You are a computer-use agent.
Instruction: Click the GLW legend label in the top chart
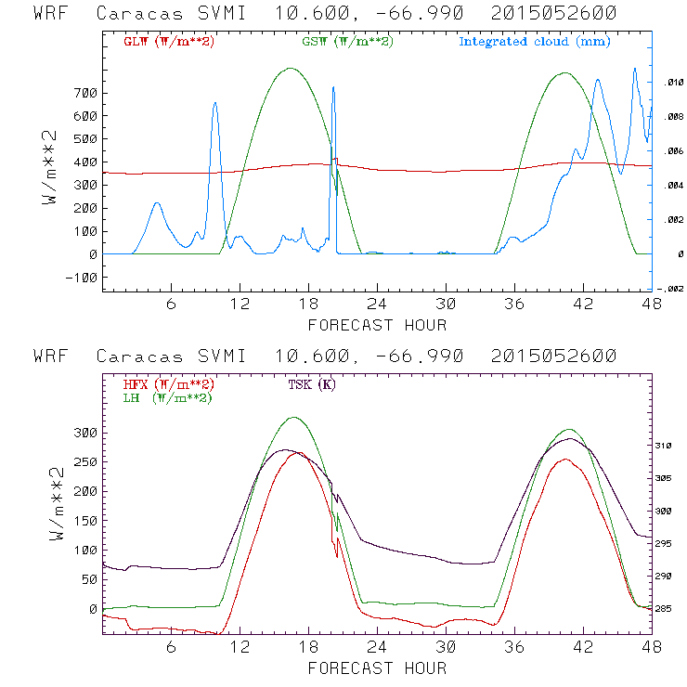(x=168, y=42)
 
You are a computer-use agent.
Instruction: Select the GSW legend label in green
(x=346, y=42)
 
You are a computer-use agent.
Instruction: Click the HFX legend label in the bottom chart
(x=168, y=384)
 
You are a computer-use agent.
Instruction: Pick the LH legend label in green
(x=166, y=397)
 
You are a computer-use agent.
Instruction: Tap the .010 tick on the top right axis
(x=673, y=84)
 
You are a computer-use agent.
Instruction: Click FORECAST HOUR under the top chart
(x=377, y=325)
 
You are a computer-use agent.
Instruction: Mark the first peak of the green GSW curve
(x=291, y=68)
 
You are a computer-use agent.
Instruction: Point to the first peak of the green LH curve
(x=294, y=418)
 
